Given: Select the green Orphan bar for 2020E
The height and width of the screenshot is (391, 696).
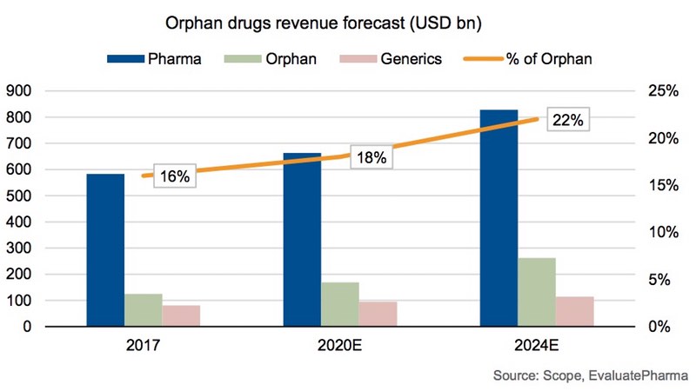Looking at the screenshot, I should (x=339, y=304).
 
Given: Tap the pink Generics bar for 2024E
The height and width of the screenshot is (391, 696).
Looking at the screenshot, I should (x=575, y=311).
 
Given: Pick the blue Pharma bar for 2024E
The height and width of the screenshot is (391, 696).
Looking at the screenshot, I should (x=499, y=218).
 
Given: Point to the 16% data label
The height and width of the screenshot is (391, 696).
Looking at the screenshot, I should (x=174, y=176).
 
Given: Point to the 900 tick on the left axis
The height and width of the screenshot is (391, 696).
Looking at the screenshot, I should (x=19, y=91).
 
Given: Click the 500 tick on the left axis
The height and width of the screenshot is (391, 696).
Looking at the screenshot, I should (x=19, y=196).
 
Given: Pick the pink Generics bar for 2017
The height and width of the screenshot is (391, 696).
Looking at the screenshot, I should (x=181, y=315).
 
